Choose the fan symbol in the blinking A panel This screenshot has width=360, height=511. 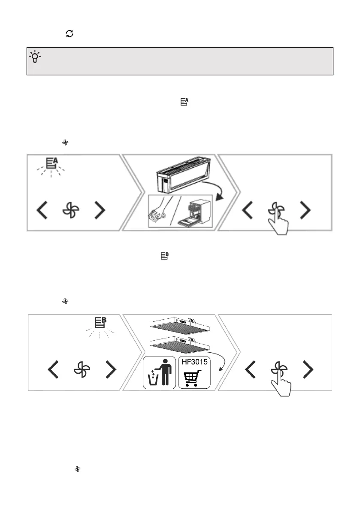[x=71, y=210]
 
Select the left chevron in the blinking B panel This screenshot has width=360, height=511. [x=53, y=369]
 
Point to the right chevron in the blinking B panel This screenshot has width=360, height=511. [x=111, y=369]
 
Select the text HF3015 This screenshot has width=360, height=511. [x=194, y=362]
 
